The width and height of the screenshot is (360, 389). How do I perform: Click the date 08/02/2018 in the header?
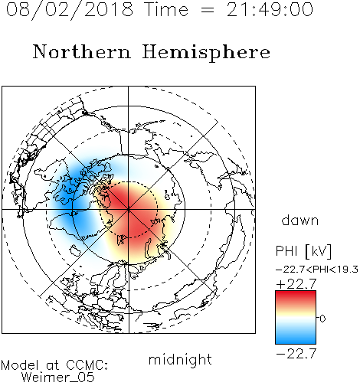tap(70, 10)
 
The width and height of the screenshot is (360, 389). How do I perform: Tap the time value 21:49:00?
tap(270, 10)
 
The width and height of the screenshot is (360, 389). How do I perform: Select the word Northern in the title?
tap(82, 52)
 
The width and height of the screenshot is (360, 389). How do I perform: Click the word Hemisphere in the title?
tap(206, 53)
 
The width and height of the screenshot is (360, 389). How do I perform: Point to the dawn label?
tap(300, 220)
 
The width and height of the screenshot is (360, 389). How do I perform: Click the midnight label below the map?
tap(180, 359)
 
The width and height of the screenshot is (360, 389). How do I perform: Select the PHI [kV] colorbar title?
tap(304, 251)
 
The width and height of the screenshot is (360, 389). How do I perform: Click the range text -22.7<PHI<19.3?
tap(317, 270)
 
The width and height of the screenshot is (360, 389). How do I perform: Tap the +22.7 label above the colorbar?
tap(296, 284)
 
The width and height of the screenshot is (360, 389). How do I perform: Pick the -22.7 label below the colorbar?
tap(296, 354)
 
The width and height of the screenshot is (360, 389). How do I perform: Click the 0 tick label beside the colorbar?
tap(322, 319)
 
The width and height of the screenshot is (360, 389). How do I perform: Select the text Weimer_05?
tap(57, 378)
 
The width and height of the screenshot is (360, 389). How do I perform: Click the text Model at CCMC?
tap(54, 365)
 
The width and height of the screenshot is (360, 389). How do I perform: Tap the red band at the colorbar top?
tap(296, 296)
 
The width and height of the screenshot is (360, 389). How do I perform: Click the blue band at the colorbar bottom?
tap(296, 338)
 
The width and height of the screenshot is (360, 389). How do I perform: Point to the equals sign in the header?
tap(208, 10)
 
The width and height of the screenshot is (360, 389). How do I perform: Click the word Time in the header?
tap(166, 10)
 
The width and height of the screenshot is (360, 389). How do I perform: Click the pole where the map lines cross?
tap(129, 210)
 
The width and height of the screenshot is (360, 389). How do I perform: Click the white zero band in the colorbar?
tap(296, 318)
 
